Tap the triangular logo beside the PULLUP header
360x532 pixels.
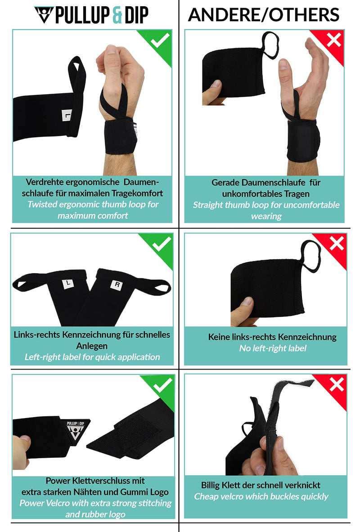point(44,15)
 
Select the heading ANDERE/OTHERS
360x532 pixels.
point(263,15)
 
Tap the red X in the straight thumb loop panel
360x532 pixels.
point(333,41)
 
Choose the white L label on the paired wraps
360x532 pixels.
point(67,284)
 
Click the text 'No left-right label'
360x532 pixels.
point(273,348)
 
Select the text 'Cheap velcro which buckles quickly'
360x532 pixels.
point(261,496)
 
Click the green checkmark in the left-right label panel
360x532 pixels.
point(162,245)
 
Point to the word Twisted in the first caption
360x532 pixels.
point(43,204)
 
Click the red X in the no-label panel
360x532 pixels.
point(336,244)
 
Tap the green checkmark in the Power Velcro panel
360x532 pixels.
point(162,385)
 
